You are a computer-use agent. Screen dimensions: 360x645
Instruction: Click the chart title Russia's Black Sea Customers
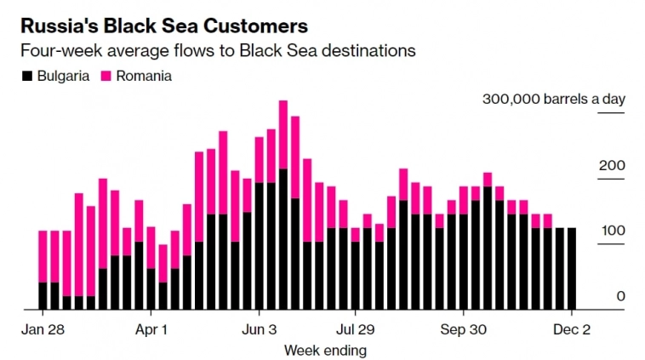(x=164, y=26)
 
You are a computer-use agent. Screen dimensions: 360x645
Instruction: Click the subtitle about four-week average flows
(x=218, y=51)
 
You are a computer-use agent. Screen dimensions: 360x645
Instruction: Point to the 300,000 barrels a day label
(x=554, y=99)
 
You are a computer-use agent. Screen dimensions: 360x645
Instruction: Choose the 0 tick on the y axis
(x=621, y=296)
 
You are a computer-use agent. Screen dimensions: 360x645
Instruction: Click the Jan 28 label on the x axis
(x=43, y=329)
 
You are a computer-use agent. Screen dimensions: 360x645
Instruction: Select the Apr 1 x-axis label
(x=151, y=329)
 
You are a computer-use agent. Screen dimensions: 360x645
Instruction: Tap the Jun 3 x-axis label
(x=260, y=329)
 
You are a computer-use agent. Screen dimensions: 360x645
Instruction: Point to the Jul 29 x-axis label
(x=356, y=329)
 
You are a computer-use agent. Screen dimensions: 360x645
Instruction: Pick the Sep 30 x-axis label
(x=465, y=329)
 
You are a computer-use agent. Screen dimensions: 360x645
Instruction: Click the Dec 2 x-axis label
(x=572, y=329)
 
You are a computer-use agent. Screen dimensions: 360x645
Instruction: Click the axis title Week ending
(x=325, y=350)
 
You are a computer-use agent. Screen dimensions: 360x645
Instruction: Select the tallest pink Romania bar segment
(x=283, y=134)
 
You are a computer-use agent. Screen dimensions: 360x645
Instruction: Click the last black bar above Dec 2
(x=572, y=268)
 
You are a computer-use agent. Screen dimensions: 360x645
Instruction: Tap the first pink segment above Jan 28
(x=43, y=256)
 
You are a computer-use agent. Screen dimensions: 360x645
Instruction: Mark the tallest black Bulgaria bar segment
(x=283, y=238)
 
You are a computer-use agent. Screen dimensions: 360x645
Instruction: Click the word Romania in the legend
(x=145, y=76)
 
